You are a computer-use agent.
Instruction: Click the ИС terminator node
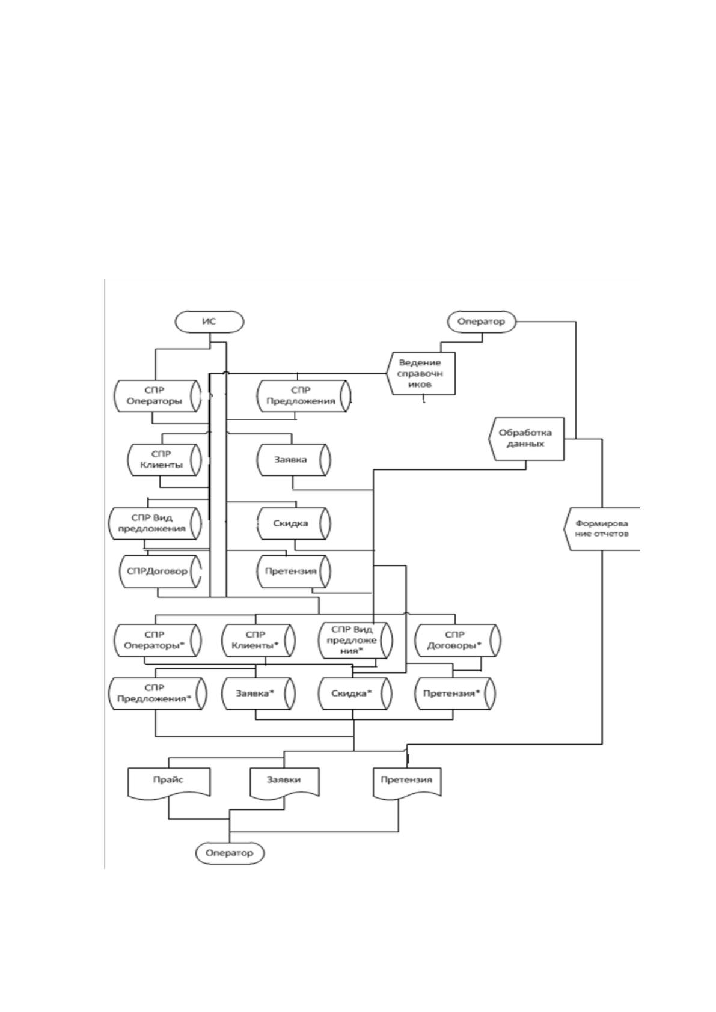point(209,322)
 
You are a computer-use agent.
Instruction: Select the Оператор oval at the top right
point(482,322)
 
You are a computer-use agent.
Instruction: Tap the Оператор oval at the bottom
point(230,853)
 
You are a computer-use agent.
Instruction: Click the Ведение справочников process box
point(421,374)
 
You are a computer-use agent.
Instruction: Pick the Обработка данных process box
point(527,439)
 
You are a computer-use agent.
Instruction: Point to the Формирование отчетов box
point(602,529)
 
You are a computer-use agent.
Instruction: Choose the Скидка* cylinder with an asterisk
point(355,693)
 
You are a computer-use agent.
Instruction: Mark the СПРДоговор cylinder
point(161,572)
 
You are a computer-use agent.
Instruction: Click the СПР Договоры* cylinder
point(457,640)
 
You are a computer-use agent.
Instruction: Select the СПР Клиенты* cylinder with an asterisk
point(259,640)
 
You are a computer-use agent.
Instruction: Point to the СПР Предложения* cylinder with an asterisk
point(158,693)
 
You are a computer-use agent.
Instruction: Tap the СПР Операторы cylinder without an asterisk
point(158,396)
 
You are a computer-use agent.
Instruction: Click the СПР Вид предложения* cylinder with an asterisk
point(355,640)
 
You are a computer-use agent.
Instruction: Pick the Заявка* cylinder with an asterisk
point(259,693)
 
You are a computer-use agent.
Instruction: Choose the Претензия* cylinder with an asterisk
point(455,693)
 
